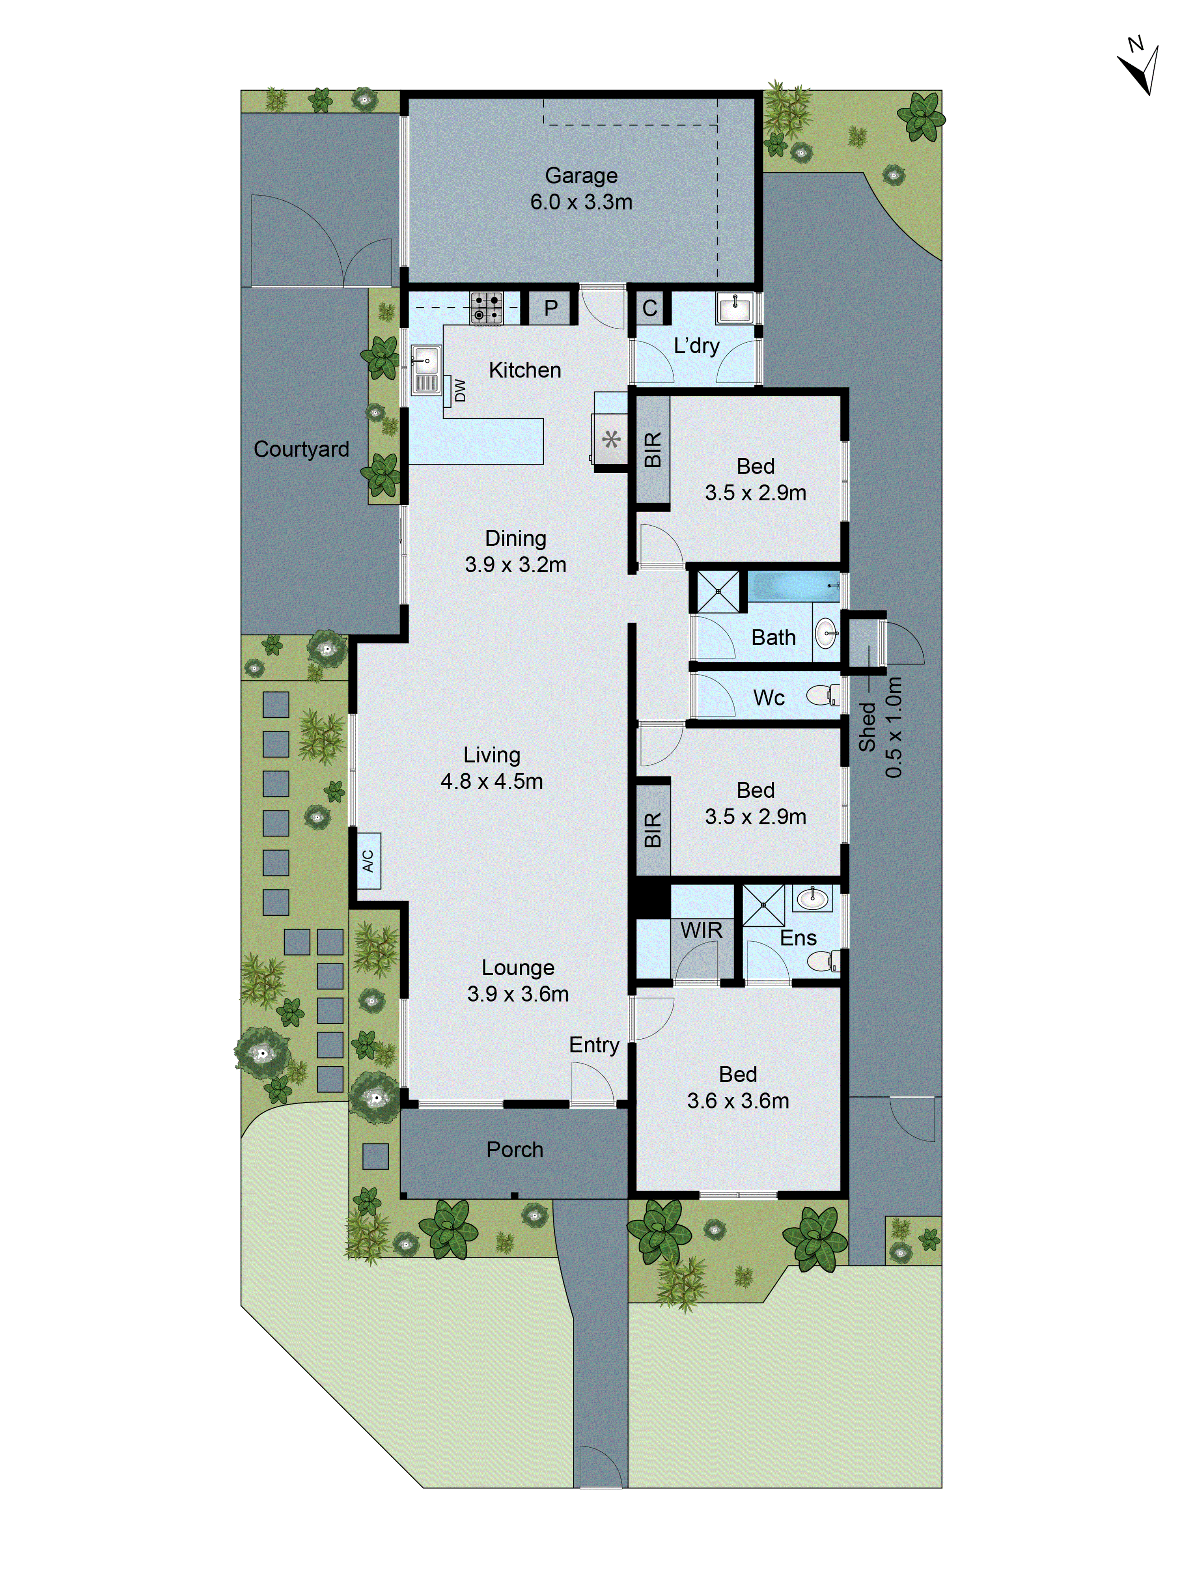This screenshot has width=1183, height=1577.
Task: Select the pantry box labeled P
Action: pyautogui.click(x=550, y=308)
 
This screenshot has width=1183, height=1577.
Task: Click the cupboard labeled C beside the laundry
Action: pyautogui.click(x=649, y=308)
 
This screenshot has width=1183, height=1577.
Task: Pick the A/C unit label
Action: pyautogui.click(x=368, y=860)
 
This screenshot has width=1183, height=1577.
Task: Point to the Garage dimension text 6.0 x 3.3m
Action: pyautogui.click(x=581, y=202)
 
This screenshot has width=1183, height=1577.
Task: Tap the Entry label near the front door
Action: pyautogui.click(x=593, y=1045)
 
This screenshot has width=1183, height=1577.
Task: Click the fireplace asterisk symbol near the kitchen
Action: pyautogui.click(x=611, y=439)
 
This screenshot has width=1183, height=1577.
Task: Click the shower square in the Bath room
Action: pyautogui.click(x=718, y=591)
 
